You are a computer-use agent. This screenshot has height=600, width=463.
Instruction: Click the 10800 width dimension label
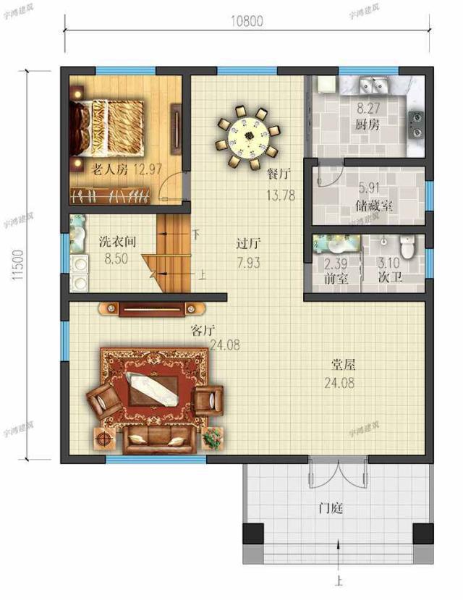click(247, 21)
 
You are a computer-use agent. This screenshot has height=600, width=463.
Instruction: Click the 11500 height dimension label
click(18, 265)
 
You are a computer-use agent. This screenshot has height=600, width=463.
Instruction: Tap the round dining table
click(249, 137)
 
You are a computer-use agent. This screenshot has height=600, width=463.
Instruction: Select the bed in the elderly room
click(107, 128)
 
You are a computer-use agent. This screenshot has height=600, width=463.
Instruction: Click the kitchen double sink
click(374, 84)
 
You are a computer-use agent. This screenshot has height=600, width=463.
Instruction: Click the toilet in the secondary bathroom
click(407, 246)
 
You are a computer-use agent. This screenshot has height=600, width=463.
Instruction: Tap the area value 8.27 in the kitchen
click(368, 109)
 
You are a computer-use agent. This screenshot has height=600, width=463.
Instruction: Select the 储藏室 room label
click(373, 206)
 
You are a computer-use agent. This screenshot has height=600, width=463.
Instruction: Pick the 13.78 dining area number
click(281, 195)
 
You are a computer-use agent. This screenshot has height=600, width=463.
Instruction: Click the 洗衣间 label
click(117, 242)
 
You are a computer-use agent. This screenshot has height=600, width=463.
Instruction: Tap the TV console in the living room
click(152, 309)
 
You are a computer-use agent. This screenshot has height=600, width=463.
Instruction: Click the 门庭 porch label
click(331, 508)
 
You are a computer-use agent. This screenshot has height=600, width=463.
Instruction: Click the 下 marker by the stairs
click(196, 234)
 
